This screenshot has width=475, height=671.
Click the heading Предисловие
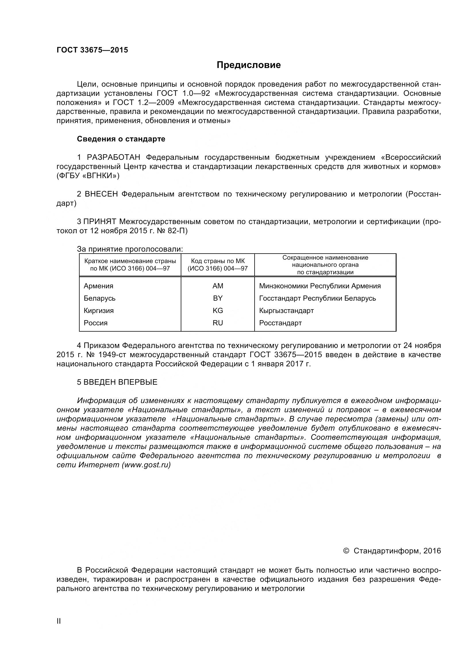pyautogui.click(x=249, y=65)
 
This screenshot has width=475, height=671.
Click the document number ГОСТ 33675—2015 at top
pyautogui.click(x=92, y=50)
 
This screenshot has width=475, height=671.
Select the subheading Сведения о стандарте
pyautogui.click(x=121, y=139)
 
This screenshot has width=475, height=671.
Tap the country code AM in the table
pyautogui.click(x=218, y=286)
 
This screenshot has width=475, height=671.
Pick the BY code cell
pyautogui.click(x=218, y=298)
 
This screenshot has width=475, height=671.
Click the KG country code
pyautogui.click(x=218, y=310)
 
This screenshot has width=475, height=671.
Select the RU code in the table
pyautogui.click(x=218, y=323)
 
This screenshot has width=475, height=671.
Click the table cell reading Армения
pyautogui.click(x=98, y=286)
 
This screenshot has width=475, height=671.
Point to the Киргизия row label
pyautogui.click(x=99, y=310)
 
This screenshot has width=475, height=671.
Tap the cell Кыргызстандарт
pyautogui.click(x=286, y=310)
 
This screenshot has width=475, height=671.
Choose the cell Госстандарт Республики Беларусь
pyautogui.click(x=317, y=298)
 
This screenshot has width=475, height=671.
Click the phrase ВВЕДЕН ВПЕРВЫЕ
pyautogui.click(x=120, y=382)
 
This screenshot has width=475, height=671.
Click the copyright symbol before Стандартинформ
pyautogui.click(x=346, y=551)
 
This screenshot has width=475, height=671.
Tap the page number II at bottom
pyautogui.click(x=59, y=629)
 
